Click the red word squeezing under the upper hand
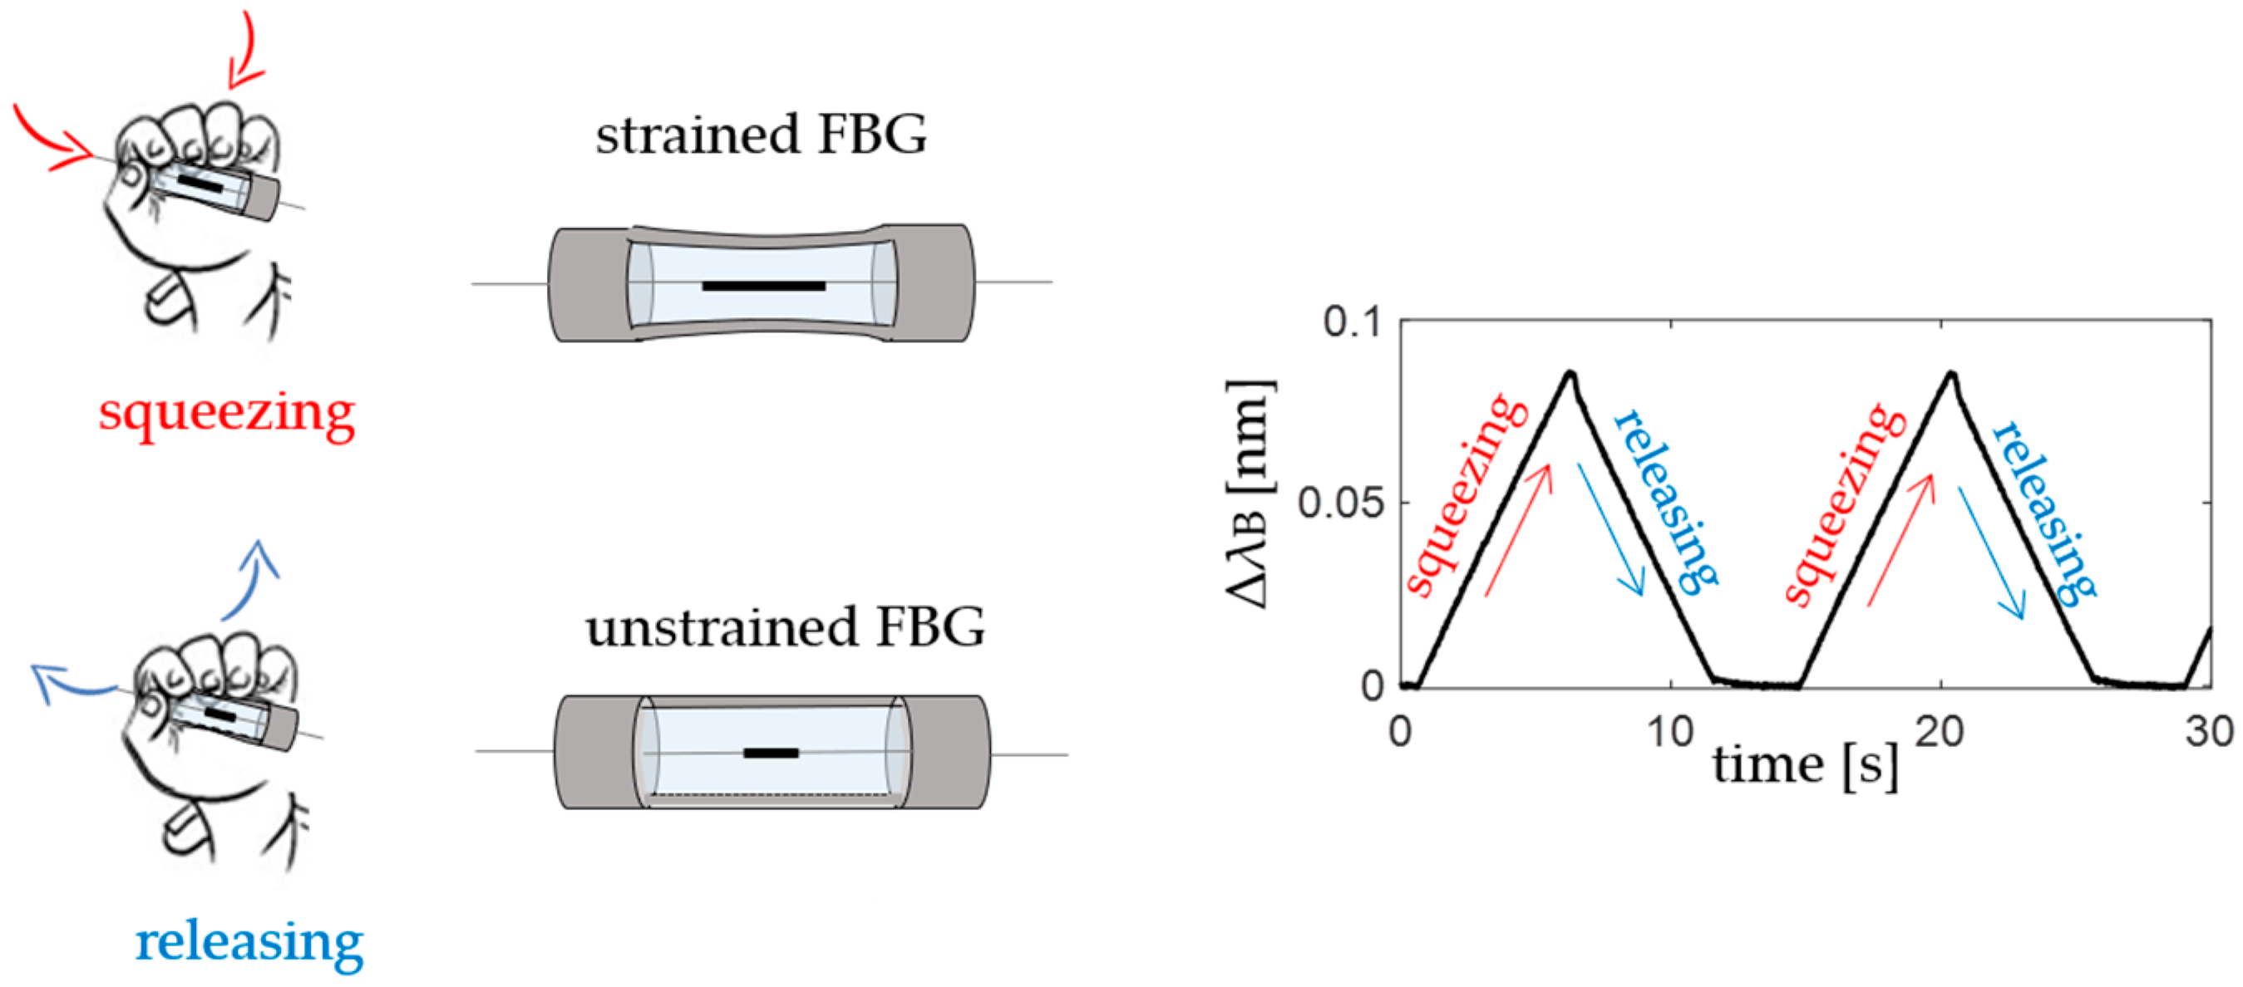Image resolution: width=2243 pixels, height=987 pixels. click(226, 413)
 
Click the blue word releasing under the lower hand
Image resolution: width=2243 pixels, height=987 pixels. click(249, 942)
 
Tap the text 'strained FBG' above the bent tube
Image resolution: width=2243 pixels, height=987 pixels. click(761, 135)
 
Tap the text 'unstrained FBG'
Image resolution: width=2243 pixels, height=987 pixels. click(785, 627)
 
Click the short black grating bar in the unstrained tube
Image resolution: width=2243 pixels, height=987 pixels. click(771, 753)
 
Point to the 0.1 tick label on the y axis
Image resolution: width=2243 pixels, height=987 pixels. click(1353, 322)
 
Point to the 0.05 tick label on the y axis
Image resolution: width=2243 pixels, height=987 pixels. click(1340, 503)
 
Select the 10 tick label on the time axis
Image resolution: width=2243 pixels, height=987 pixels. click(1669, 732)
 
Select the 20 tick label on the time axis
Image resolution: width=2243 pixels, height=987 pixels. click(1939, 732)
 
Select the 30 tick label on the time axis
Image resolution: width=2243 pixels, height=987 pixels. click(2208, 732)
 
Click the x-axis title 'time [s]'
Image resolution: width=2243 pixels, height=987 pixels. click(1804, 766)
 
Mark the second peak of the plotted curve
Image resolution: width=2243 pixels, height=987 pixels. click(1951, 374)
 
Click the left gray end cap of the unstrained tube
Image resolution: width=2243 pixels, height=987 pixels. click(596, 752)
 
